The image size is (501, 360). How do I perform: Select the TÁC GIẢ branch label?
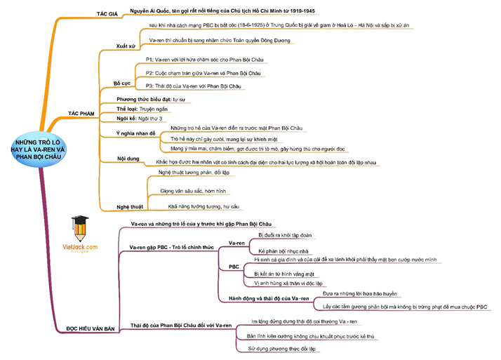coord(108,13)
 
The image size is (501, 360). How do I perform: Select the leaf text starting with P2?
coord(196,73)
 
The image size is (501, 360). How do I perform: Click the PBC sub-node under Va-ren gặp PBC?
coord(234,267)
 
